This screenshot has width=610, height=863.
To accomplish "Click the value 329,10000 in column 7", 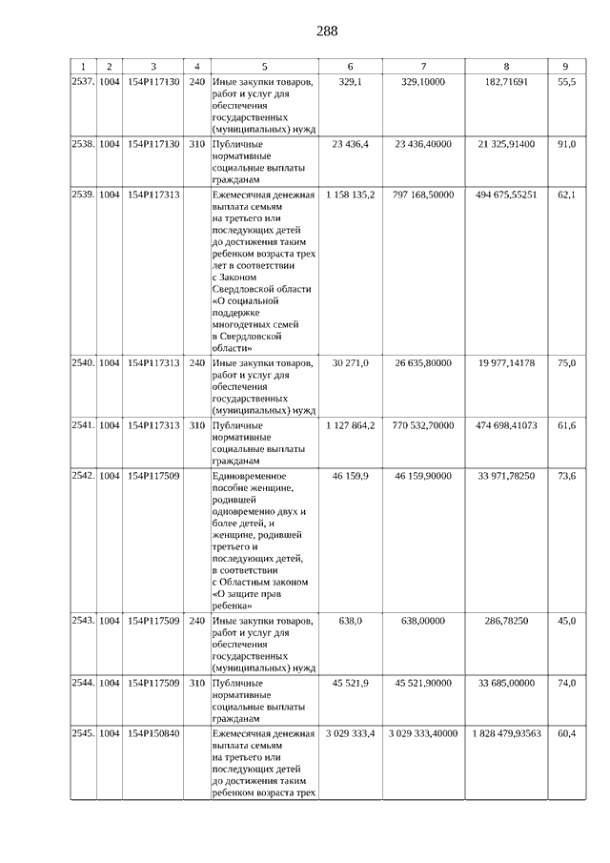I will click(423, 83).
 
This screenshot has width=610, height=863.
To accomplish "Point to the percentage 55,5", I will click(566, 83).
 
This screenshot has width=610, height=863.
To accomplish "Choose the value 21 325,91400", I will click(506, 144).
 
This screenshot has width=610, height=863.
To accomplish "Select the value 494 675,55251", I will click(506, 194).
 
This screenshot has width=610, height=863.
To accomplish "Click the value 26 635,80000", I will click(423, 363).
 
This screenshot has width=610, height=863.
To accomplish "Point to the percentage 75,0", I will click(566, 363).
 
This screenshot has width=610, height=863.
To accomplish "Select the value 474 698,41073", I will click(506, 424).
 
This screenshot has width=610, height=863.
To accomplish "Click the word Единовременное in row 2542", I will click(251, 474).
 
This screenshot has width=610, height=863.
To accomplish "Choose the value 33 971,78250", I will click(506, 474).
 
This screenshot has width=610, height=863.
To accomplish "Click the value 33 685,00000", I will click(506, 683).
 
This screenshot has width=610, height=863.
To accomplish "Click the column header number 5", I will click(264, 66).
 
